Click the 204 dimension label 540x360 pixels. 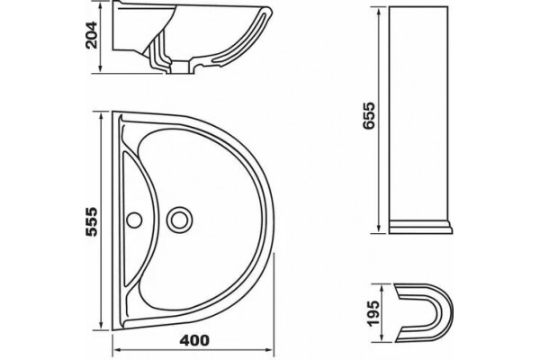click(x=92, y=35)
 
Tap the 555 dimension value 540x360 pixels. click(x=92, y=221)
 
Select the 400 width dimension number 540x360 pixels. click(x=194, y=341)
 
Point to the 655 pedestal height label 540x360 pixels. click(x=368, y=115)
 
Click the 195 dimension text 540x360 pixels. click(x=373, y=313)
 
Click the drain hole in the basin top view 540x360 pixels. click(x=179, y=220)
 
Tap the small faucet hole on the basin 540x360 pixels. click(x=134, y=220)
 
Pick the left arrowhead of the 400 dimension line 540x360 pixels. click(x=117, y=350)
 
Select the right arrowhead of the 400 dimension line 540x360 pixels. click(x=269, y=350)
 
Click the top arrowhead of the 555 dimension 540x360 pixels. click(x=101, y=116)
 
